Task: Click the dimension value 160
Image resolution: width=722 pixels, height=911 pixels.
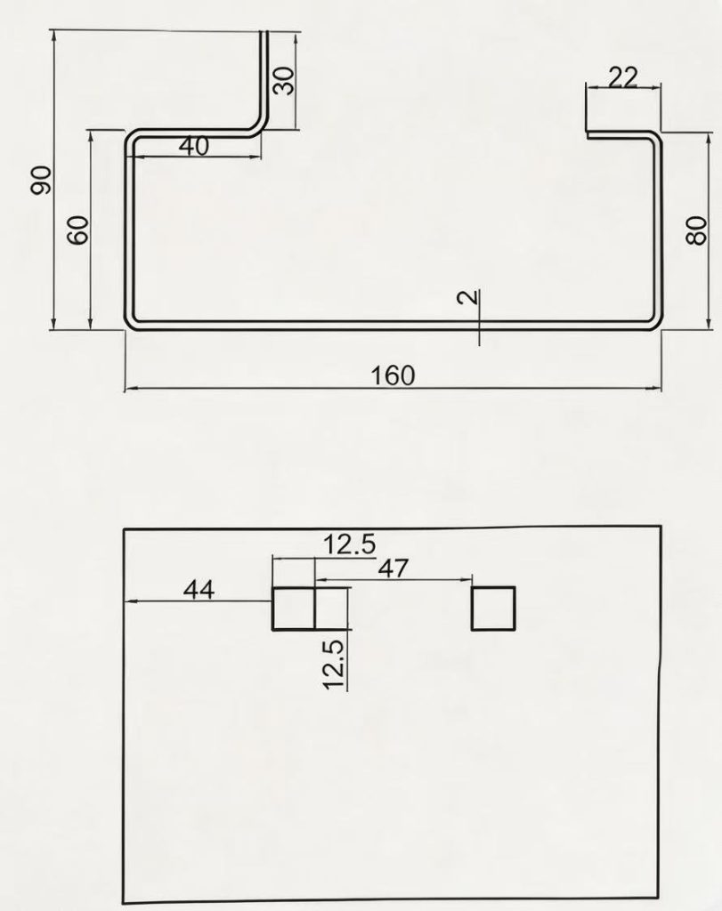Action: pos(393,375)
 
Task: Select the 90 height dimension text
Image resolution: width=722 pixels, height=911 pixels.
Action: pos(42,180)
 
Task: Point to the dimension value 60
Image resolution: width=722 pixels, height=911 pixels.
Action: pos(78,230)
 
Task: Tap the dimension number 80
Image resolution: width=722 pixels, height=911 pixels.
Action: pos(696,230)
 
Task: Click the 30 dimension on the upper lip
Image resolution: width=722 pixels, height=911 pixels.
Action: pos(284,80)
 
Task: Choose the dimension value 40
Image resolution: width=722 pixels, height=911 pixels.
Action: pos(193,146)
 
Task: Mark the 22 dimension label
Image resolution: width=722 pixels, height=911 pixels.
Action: pos(622,77)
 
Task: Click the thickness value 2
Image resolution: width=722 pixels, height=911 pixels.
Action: pos(468,297)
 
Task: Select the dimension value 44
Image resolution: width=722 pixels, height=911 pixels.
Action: pos(199,590)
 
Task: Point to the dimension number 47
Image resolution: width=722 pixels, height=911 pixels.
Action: pos(393,568)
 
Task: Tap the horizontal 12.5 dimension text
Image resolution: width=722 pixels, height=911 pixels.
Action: pos(350,544)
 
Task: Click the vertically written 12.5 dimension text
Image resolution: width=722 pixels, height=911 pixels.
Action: pos(333,665)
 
